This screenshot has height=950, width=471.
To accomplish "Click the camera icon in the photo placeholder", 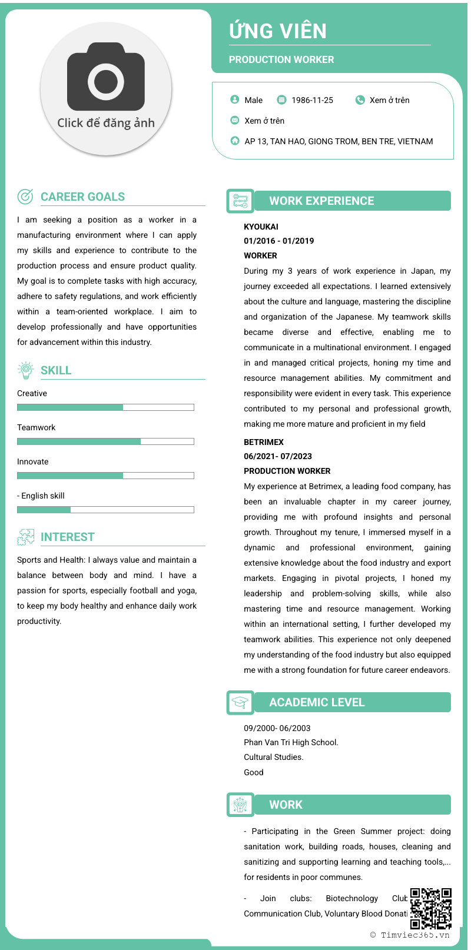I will click(x=106, y=77).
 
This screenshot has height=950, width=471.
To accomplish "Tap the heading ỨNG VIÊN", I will click(x=278, y=31).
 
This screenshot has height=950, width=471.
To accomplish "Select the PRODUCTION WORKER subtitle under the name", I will click(x=281, y=59).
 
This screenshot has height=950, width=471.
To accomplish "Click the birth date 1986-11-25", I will click(x=312, y=100).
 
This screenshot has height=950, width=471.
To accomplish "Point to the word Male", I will click(x=253, y=100).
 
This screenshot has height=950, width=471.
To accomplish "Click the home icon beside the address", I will click(x=235, y=141).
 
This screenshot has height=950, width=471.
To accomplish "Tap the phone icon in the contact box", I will click(x=360, y=100).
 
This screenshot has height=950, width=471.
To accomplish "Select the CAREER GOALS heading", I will click(x=82, y=197).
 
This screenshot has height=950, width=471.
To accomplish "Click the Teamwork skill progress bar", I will click(x=105, y=441).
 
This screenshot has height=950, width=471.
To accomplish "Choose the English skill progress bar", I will click(x=105, y=510).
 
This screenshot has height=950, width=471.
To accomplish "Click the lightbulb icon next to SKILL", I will click(x=25, y=370).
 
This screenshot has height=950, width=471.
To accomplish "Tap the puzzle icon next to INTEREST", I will click(x=25, y=536).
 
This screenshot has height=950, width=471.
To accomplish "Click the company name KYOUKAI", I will click(x=261, y=227).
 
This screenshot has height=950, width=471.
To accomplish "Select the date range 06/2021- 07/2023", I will click(x=278, y=456).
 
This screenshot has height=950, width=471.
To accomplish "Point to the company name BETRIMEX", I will click(x=264, y=442).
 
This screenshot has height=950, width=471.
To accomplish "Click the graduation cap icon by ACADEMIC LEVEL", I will click(x=240, y=702).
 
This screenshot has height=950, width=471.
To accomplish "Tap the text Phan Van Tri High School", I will click(x=291, y=742).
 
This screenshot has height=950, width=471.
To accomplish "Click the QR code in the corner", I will click(x=431, y=908).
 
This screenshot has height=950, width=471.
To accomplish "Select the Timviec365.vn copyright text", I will click(x=410, y=935).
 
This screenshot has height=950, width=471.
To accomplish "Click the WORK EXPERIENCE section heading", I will click(x=321, y=201).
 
